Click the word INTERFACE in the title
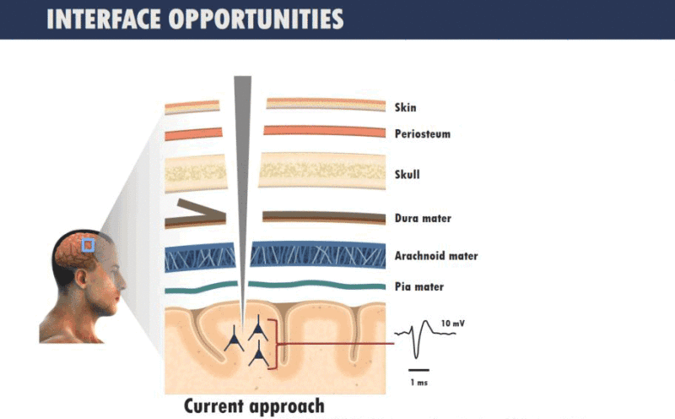103,19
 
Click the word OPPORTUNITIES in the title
256,19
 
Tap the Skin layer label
406,107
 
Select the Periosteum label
423,134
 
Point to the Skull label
407,175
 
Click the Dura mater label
423,219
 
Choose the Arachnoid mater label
436,256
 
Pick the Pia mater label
418,286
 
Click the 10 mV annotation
453,324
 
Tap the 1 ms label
418,383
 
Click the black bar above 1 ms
418,370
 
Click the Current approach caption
254,406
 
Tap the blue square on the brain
89,245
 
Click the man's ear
81,279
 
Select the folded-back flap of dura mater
201,208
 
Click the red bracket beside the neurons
274,344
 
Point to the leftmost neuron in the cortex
234,339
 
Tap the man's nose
122,282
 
